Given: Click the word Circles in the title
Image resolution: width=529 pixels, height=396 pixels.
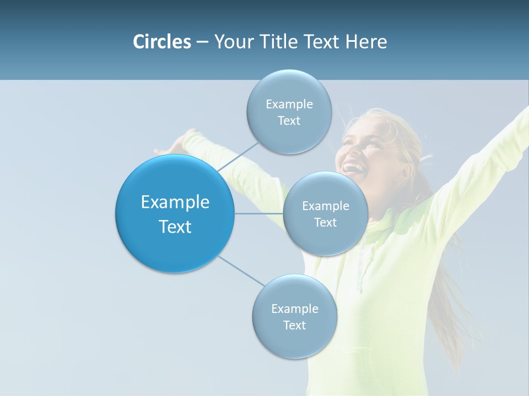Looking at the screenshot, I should coord(161,42).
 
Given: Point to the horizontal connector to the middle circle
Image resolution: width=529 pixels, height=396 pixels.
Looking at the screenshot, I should coord(259,213).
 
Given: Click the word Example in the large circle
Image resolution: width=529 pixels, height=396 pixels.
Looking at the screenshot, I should coord(175,202).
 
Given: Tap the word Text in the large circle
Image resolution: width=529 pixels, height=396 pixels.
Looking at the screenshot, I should coord(175,227).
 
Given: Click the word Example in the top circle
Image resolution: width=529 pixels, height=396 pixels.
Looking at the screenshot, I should coord(289,104).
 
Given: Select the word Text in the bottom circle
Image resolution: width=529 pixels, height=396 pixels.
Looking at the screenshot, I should coord(294,325).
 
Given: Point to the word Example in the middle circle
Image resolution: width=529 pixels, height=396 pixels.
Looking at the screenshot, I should coord(325,206).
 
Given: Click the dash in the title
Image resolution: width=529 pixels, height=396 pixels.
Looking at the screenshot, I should coord(202,42).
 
